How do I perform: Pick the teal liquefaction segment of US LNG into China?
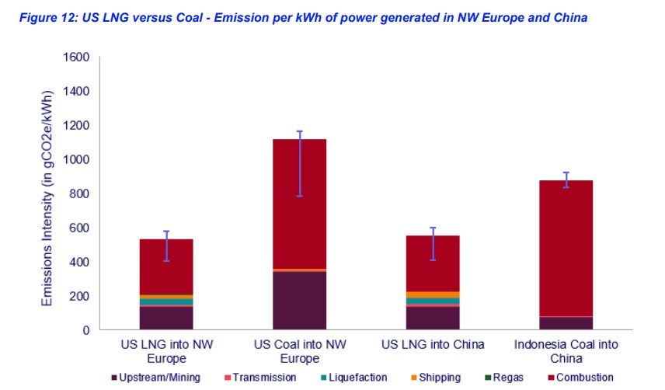[x=433, y=301]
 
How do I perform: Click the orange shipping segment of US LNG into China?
[x=433, y=294]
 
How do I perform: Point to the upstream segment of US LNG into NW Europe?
[x=166, y=319]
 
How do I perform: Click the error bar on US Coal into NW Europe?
[x=299, y=163]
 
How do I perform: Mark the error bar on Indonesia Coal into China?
[x=566, y=179]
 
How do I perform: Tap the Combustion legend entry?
[x=579, y=378]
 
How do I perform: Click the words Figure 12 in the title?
[x=35, y=18]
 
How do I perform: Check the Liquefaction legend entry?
[x=353, y=378]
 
